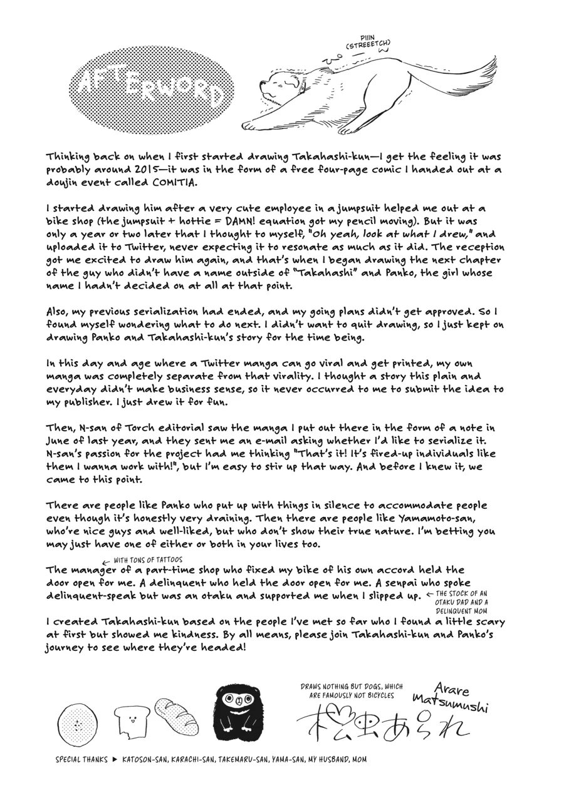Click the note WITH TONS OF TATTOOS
pyautogui.click(x=148, y=560)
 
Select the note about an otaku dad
pyautogui.click(x=462, y=601)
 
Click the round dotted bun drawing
pyautogui.click(x=78, y=724)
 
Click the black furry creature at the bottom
pyautogui.click(x=238, y=712)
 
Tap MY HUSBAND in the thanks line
pyautogui.click(x=327, y=759)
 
